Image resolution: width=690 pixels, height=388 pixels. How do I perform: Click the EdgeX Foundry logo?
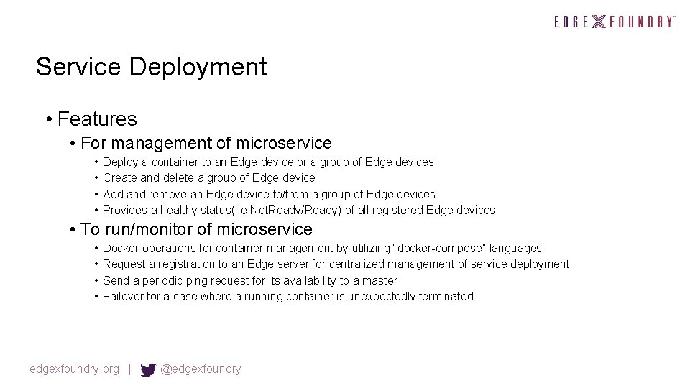(x=615, y=22)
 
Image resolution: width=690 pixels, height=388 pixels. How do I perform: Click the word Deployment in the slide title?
(x=198, y=67)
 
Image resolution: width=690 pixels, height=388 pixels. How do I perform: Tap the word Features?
(x=97, y=118)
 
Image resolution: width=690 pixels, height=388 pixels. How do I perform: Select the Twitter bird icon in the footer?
(x=148, y=369)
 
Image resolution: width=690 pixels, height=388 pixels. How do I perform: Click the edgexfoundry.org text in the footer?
(x=74, y=369)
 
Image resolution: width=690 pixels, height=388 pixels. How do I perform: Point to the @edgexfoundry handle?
(x=201, y=369)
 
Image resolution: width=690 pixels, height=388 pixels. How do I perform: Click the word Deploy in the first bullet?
(x=121, y=162)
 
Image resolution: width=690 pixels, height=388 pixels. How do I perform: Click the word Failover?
(x=123, y=296)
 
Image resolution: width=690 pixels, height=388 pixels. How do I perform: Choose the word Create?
(x=120, y=178)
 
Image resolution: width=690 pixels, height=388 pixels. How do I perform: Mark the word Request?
(x=124, y=264)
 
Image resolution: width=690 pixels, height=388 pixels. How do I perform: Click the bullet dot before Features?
(x=47, y=118)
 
